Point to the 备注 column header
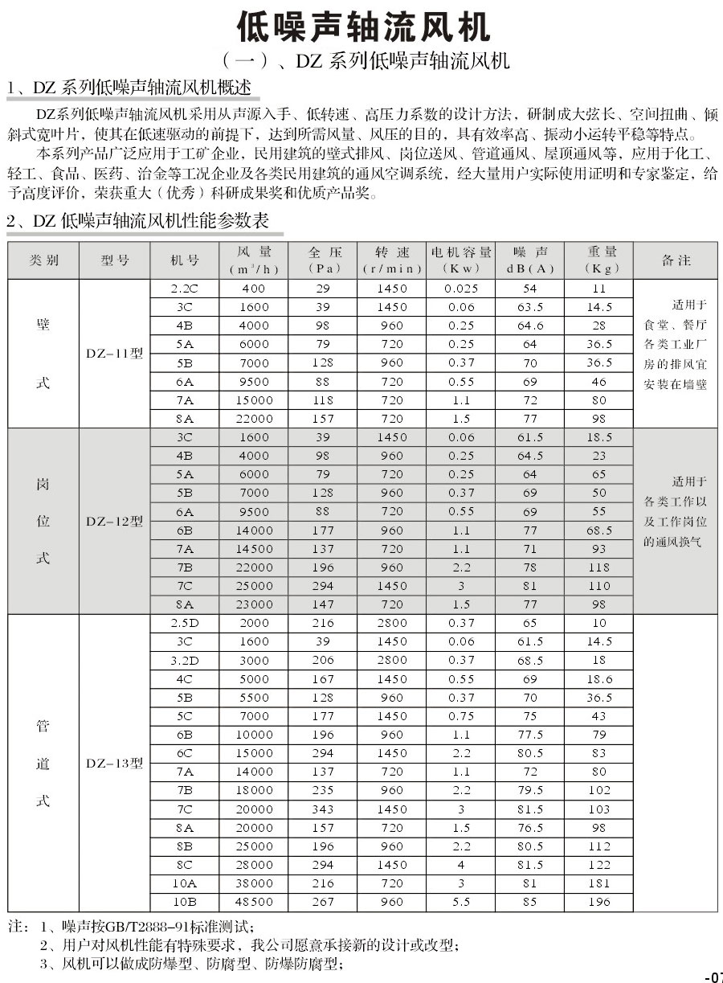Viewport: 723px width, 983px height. [x=676, y=260]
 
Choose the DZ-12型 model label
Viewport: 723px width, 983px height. [x=114, y=521]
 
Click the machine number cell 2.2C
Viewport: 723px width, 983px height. [x=185, y=288]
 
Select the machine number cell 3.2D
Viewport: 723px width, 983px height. [x=185, y=660]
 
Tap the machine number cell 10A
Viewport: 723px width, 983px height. [x=185, y=883]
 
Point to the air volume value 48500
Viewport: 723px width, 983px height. [x=255, y=902]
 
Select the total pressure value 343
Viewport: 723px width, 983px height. [x=323, y=809]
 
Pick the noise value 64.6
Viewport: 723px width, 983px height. [x=530, y=326]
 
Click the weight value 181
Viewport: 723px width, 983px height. [x=599, y=883]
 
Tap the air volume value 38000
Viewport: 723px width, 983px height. [x=255, y=883]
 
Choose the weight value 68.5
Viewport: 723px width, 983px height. [x=599, y=530]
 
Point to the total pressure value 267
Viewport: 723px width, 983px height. [x=323, y=902]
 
